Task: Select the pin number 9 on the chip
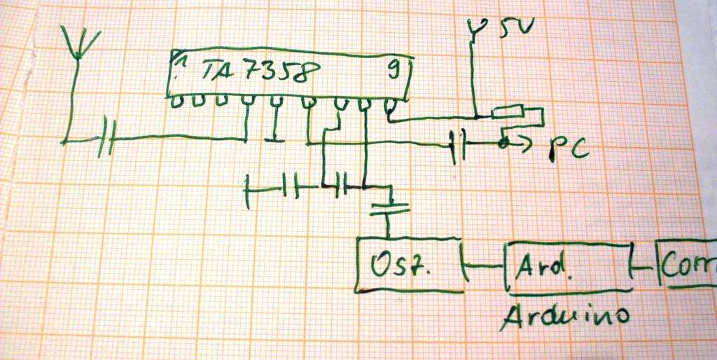click(394, 69)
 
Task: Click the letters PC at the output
click(566, 149)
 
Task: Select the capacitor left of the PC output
click(459, 146)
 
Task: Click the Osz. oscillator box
click(410, 265)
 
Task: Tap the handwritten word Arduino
click(563, 314)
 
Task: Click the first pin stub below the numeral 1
click(177, 100)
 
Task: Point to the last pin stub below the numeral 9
click(391, 106)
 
